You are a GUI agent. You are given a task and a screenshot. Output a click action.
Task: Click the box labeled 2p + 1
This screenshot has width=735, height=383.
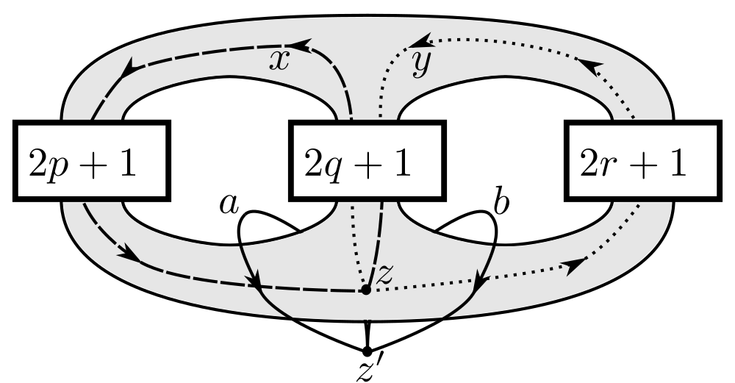pos(92,162)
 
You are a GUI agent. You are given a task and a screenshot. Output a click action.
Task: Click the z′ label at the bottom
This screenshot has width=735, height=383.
pos(367,371)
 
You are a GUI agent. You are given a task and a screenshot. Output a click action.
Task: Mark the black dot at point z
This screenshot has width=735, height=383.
pos(365,290)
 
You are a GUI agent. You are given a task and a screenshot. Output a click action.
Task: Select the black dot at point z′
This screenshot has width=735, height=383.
pos(367,350)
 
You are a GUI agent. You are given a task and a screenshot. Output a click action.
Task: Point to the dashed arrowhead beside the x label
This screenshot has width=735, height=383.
pos(303,46)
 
